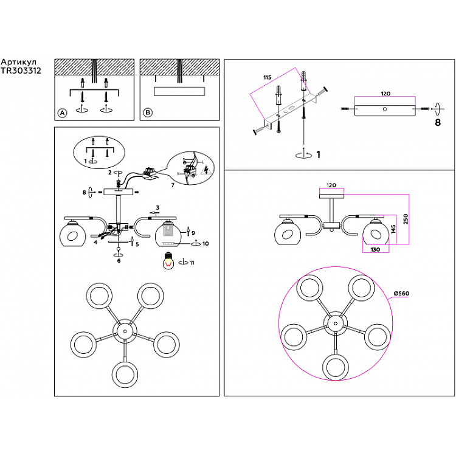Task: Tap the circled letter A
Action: point(61,113)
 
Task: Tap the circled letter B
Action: point(148,113)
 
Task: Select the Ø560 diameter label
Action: point(401,294)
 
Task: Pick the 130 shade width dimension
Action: point(376,249)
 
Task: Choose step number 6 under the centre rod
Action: point(119,260)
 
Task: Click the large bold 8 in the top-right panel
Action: point(437,122)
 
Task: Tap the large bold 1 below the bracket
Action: point(317,154)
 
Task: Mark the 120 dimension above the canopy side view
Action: point(385,95)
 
